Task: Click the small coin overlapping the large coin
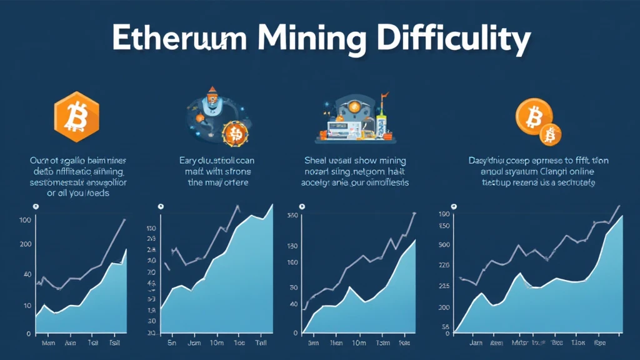(x=551, y=134)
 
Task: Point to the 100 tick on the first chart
(x=26, y=220)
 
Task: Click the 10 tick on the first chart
(x=27, y=305)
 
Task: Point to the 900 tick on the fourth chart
(x=444, y=244)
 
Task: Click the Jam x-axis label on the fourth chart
(x=476, y=343)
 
